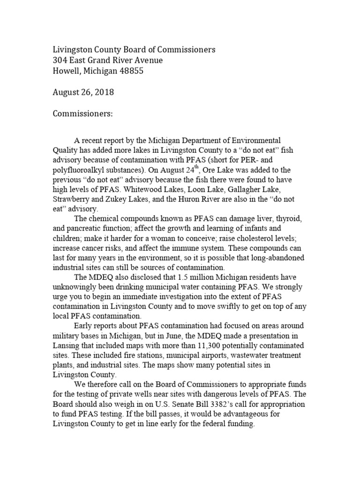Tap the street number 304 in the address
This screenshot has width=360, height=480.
coord(60,60)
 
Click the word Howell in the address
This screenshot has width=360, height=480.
coord(65,71)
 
